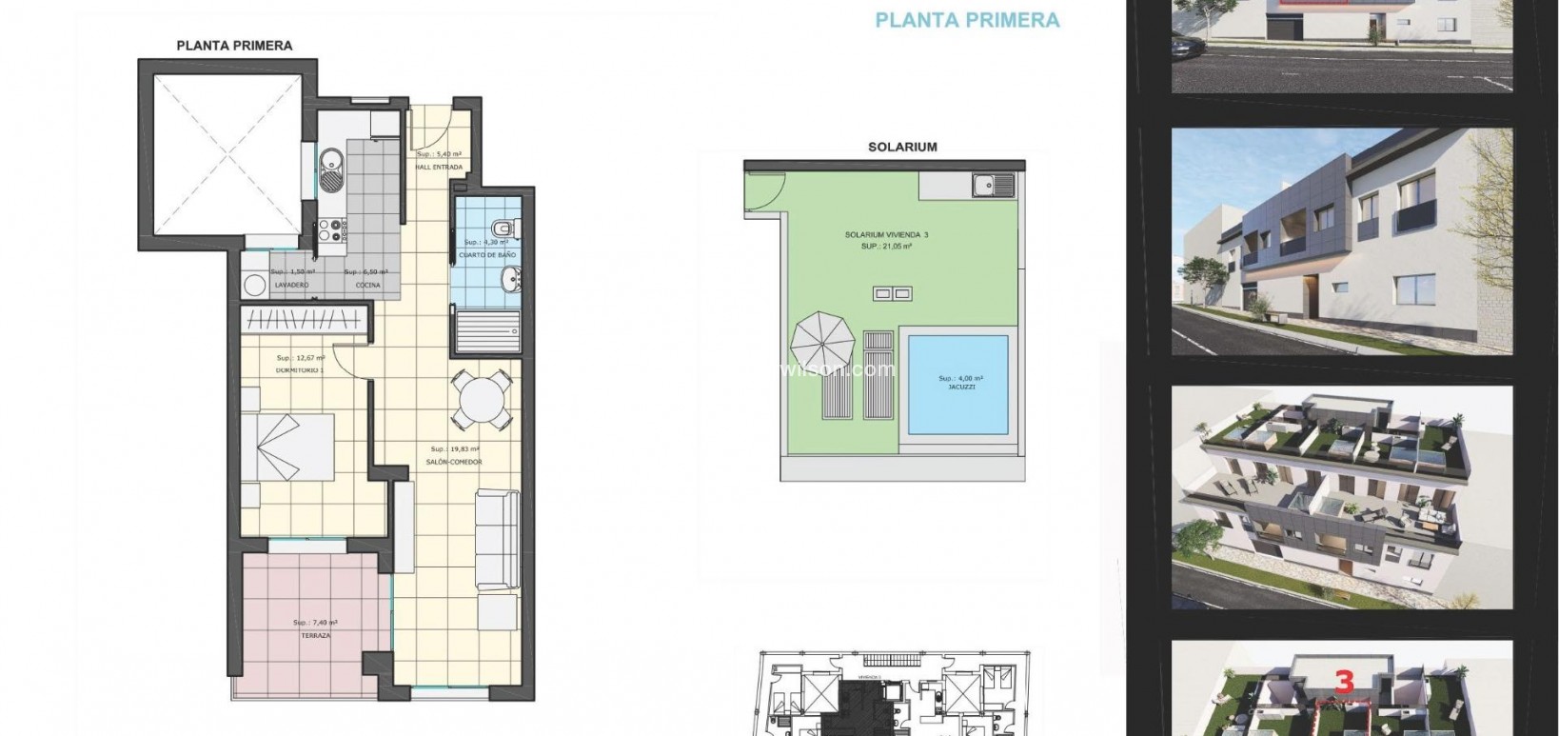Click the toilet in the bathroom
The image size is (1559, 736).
[503, 228]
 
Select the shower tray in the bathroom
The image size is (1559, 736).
[487, 329]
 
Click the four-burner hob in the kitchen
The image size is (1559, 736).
[329, 229]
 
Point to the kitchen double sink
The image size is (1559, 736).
[329, 169]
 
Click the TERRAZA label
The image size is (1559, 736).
[315, 634]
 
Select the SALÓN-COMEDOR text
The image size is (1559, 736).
[455, 463]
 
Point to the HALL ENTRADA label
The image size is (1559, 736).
[439, 168]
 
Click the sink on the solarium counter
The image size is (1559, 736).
[993, 184]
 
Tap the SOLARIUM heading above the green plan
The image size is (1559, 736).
[902, 147]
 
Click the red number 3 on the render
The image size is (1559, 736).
[1344, 683]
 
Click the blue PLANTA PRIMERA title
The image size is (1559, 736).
[967, 19]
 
